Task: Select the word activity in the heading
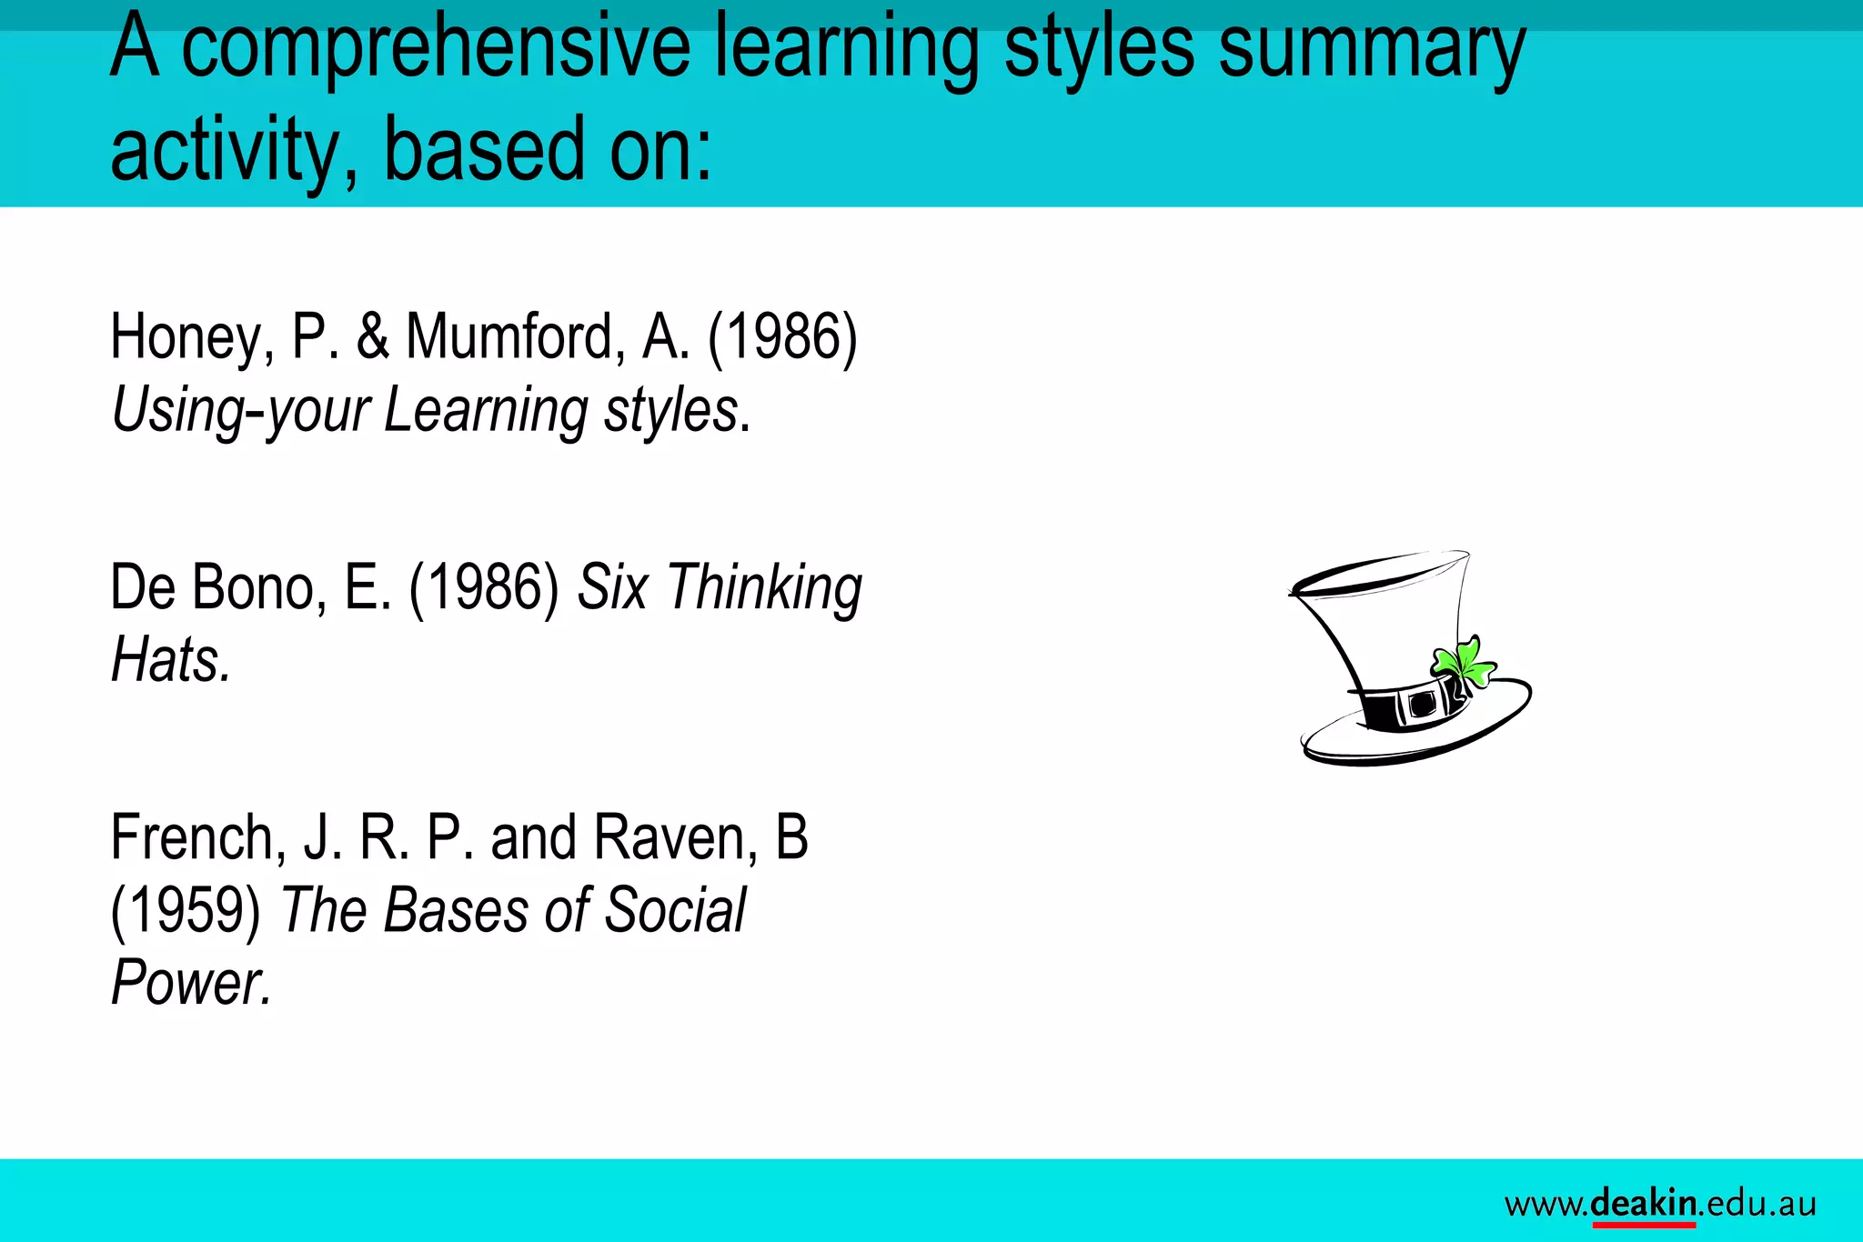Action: [231, 150]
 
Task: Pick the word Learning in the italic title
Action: [486, 411]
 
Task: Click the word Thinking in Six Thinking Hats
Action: [764, 589]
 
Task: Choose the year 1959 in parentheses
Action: [186, 911]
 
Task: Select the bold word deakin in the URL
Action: [1644, 1203]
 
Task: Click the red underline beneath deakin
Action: [1644, 1225]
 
